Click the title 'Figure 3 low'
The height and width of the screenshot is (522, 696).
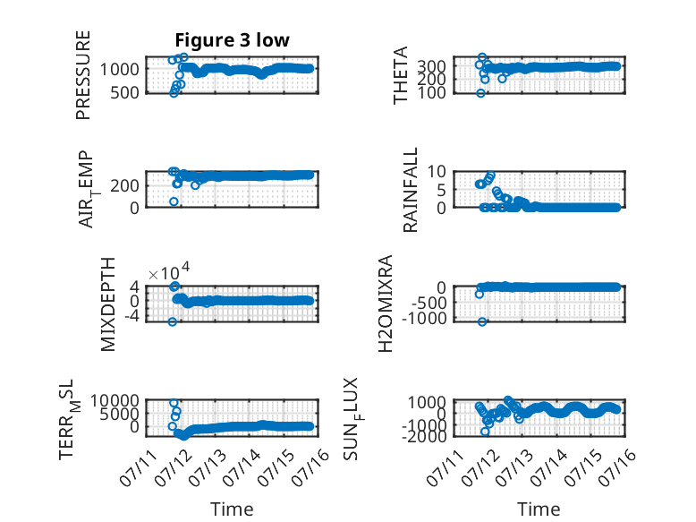point(232,40)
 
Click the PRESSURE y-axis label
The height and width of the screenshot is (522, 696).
point(83,75)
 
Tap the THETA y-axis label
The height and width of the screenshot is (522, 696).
point(401,75)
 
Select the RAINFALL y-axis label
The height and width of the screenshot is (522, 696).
point(411,190)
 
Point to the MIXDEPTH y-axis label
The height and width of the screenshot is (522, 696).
point(108,304)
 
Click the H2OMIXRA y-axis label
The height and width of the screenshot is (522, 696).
point(386,304)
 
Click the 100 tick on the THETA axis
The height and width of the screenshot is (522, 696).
point(432,93)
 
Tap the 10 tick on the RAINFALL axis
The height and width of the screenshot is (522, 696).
point(437,171)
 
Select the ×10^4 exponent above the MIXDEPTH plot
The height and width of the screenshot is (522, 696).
point(169,272)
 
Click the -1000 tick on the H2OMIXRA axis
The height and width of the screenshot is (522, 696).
point(425,319)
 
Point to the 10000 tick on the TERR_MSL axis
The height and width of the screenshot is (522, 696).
point(115,401)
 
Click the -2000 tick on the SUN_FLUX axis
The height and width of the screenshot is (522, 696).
point(425,436)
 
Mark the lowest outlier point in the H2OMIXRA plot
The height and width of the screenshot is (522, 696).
point(482,321)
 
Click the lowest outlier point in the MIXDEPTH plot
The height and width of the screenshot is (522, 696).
point(173,321)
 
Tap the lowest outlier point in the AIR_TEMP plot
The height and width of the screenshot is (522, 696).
point(174,201)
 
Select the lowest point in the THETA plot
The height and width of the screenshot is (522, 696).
point(480,93)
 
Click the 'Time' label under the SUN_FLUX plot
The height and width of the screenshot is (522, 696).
point(539,509)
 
